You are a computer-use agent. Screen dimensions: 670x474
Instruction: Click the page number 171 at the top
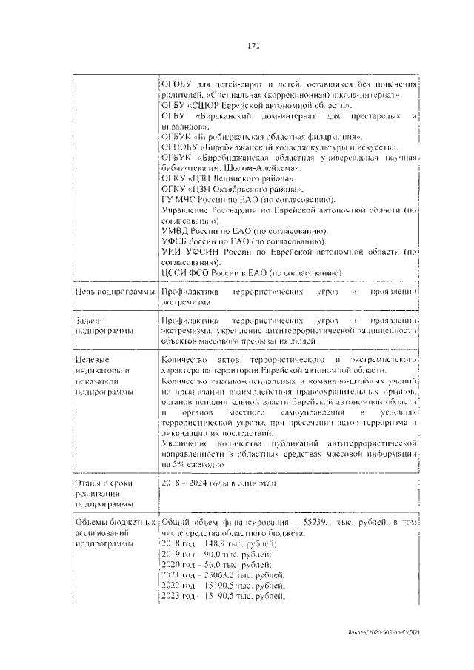[x=252, y=46]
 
